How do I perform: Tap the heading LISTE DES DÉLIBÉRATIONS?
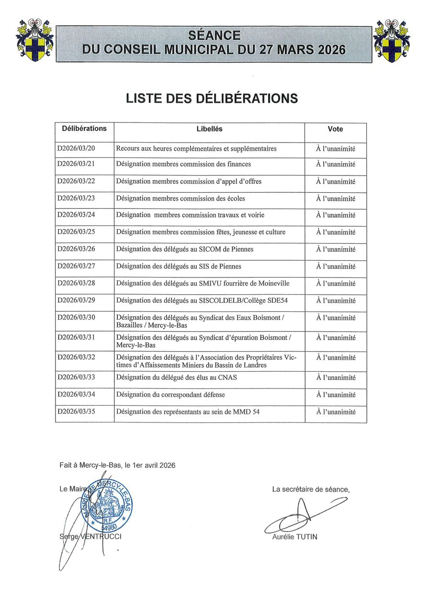click(x=212, y=99)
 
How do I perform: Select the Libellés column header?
click(x=209, y=129)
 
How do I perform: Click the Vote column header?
click(x=335, y=129)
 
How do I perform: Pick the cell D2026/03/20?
click(x=76, y=149)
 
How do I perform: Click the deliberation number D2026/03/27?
click(x=76, y=266)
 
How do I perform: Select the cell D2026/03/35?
click(x=76, y=412)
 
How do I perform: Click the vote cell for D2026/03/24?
click(x=335, y=215)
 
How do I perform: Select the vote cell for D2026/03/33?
click(x=335, y=377)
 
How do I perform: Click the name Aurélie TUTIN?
click(x=294, y=537)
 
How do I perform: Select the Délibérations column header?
click(x=84, y=129)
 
